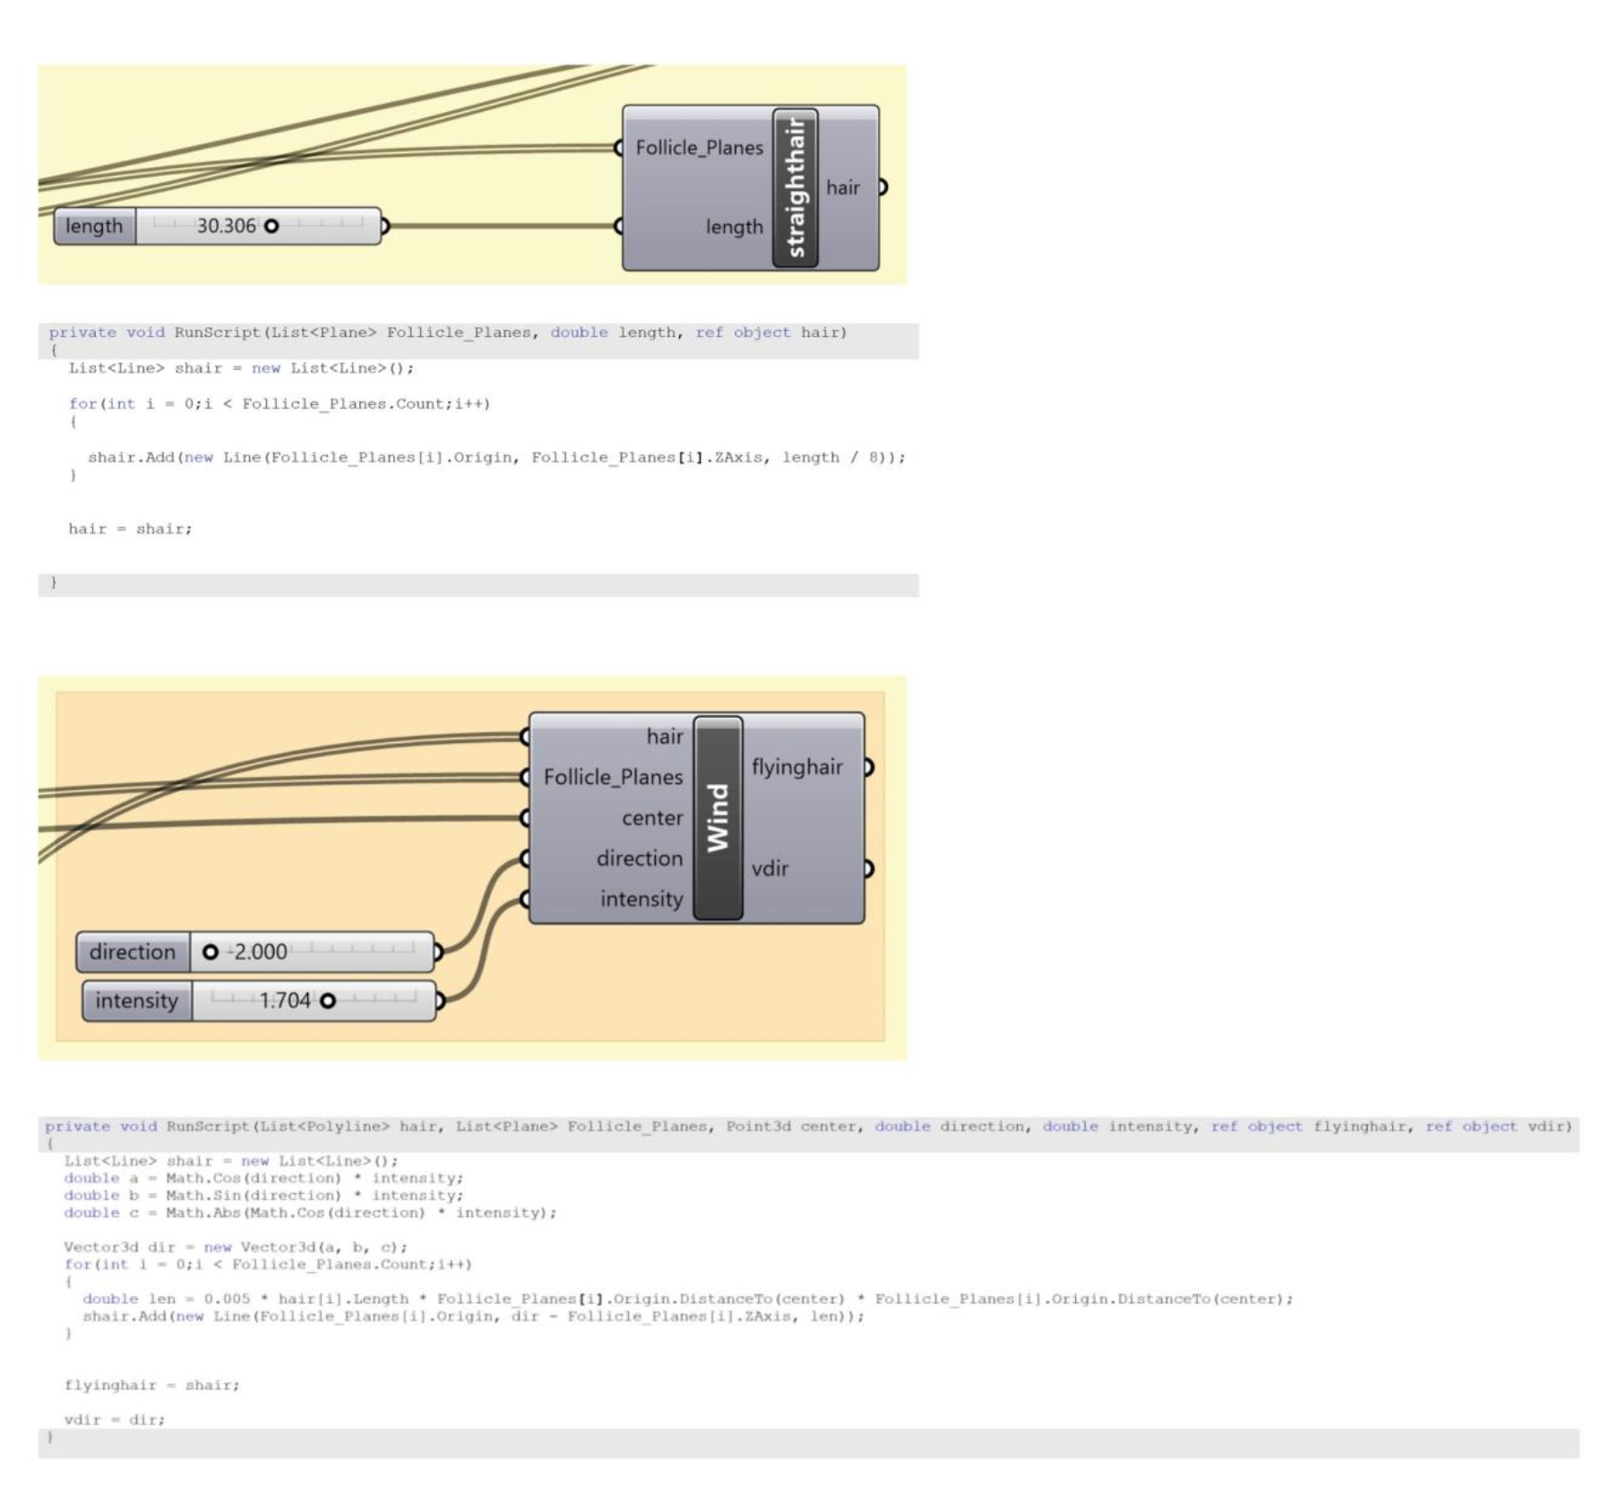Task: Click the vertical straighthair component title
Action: pyautogui.click(x=796, y=188)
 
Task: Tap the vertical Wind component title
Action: pyautogui.click(x=718, y=817)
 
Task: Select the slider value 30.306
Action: pyautogui.click(x=226, y=226)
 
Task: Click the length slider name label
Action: pyautogui.click(x=94, y=226)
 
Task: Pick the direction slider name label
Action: pyautogui.click(x=133, y=952)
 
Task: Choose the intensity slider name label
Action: pyautogui.click(x=137, y=1000)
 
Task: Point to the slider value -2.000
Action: pyautogui.click(x=257, y=952)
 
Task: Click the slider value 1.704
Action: pyautogui.click(x=285, y=1000)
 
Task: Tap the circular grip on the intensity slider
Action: pyautogui.click(x=328, y=1001)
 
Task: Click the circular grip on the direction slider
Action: pyautogui.click(x=211, y=952)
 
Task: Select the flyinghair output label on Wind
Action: pyautogui.click(x=797, y=767)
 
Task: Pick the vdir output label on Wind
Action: pyautogui.click(x=770, y=868)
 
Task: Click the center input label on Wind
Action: pyautogui.click(x=652, y=818)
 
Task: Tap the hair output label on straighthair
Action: pyautogui.click(x=843, y=187)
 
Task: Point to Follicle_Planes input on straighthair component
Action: pyautogui.click(x=699, y=148)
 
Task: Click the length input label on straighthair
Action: pyautogui.click(x=734, y=228)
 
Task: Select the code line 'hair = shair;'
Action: pyautogui.click(x=130, y=529)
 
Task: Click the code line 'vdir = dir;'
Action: pyautogui.click(x=115, y=1420)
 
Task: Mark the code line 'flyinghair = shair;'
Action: pyautogui.click(x=151, y=1385)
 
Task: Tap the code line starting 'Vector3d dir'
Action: pyautogui.click(x=235, y=1247)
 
